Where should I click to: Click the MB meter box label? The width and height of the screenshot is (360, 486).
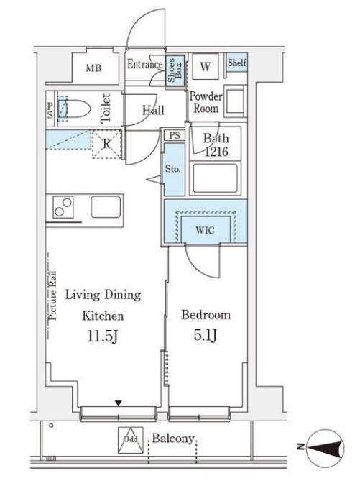pyautogui.click(x=93, y=68)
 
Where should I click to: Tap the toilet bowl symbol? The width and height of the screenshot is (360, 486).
pyautogui.click(x=74, y=109)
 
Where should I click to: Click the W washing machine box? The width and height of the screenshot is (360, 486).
pyautogui.click(x=206, y=67)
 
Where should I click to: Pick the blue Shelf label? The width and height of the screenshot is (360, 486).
pyautogui.click(x=237, y=63)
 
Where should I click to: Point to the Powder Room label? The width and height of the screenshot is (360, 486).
pyautogui.click(x=206, y=102)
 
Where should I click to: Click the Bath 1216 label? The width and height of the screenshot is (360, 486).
pyautogui.click(x=216, y=145)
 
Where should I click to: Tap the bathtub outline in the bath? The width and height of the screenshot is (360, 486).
pyautogui.click(x=216, y=178)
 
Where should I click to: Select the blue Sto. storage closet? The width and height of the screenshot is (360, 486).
pyautogui.click(x=175, y=169)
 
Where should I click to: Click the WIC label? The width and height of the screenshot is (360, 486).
pyautogui.click(x=205, y=230)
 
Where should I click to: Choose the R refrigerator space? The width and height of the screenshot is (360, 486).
pyautogui.click(x=106, y=144)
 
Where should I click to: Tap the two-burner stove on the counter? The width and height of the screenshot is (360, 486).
pyautogui.click(x=63, y=207)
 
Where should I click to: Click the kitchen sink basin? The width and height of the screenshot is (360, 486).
pyautogui.click(x=106, y=207)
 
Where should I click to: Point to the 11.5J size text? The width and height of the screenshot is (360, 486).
pyautogui.click(x=103, y=336)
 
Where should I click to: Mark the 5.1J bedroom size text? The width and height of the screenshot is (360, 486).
pyautogui.click(x=205, y=335)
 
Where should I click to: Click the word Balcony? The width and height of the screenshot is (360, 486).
pyautogui.click(x=173, y=439)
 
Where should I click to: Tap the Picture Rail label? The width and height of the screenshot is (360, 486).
pyautogui.click(x=52, y=295)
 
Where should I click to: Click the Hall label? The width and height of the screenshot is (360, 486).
pyautogui.click(x=153, y=110)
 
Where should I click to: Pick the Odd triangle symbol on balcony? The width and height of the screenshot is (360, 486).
pyautogui.click(x=131, y=441)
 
